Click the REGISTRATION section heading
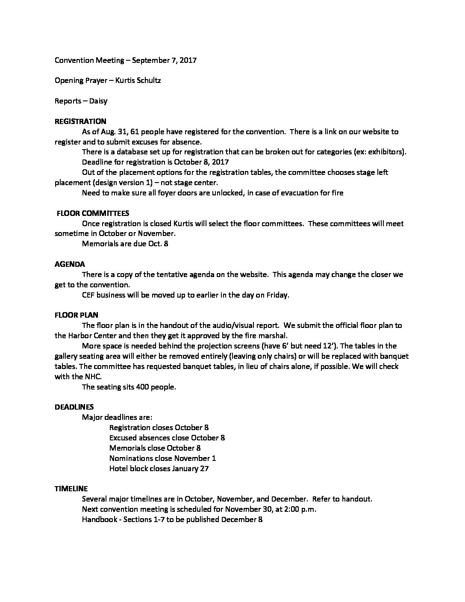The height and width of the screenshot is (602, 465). [80, 121]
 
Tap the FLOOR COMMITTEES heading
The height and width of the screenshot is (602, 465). [93, 213]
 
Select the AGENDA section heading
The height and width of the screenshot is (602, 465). [70, 264]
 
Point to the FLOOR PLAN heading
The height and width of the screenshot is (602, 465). [76, 315]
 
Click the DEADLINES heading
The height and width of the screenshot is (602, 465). [74, 407]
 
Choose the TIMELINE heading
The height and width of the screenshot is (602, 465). [71, 488]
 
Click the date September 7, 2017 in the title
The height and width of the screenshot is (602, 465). [164, 60]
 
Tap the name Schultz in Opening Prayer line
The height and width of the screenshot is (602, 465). [149, 80]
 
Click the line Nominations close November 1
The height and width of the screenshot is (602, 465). [162, 458]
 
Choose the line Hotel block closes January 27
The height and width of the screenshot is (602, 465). [159, 469]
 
